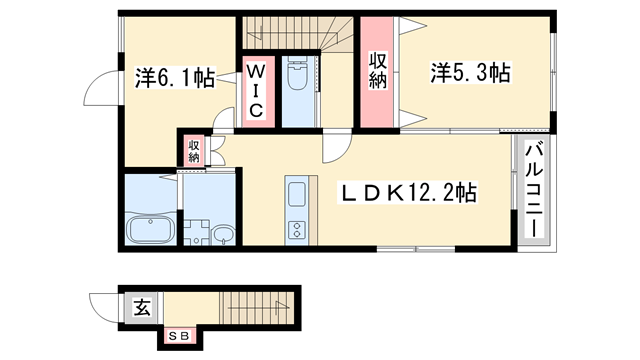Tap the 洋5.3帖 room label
pyautogui.click(x=471, y=72)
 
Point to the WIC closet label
pyautogui.click(x=256, y=91)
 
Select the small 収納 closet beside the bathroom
pyautogui.click(x=193, y=149)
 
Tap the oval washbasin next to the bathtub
pyautogui.click(x=223, y=236)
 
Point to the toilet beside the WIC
pyautogui.click(x=298, y=79)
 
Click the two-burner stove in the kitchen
pyautogui.click(x=298, y=231)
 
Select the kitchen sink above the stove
pyautogui.click(x=298, y=192)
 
